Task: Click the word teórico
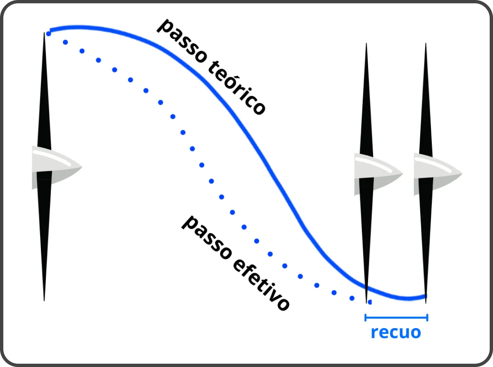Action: pos(237,87)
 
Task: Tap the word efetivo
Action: pos(261,284)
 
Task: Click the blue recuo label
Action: pos(396,332)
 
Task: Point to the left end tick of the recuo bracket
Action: pos(365,318)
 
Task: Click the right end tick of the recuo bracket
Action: pos(427,318)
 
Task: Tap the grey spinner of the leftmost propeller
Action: pos(57,167)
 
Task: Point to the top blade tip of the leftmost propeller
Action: pos(44,32)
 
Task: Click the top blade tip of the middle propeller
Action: pos(366,43)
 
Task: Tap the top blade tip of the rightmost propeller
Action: pos(426,43)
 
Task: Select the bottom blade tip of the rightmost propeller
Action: pos(426,303)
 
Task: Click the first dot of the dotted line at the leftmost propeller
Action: pos(48,33)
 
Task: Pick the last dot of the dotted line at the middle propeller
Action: pos(370,302)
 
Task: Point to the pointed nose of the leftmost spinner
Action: pos(82,167)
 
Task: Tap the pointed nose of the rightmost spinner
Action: pos(462,173)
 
